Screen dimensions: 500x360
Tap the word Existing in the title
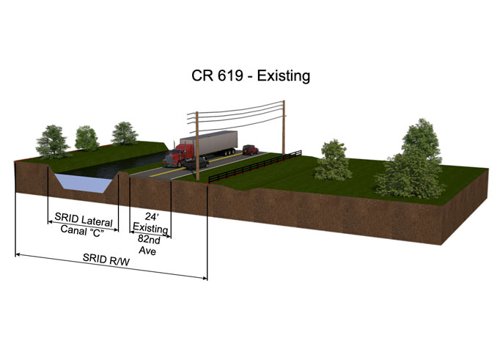click(284, 76)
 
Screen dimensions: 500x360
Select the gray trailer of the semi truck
click(209, 143)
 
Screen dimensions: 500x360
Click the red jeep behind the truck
click(250, 150)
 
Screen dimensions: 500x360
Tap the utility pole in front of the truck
click(197, 146)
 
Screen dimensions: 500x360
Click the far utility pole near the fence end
click(284, 128)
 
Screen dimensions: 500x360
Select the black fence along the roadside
click(255, 166)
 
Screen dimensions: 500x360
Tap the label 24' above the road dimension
click(152, 217)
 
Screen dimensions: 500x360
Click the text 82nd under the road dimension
click(149, 239)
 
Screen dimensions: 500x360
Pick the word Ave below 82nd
click(147, 251)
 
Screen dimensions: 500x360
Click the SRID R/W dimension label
click(106, 260)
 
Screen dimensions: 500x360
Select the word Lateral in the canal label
click(97, 221)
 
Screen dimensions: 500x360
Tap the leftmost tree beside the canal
click(52, 142)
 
